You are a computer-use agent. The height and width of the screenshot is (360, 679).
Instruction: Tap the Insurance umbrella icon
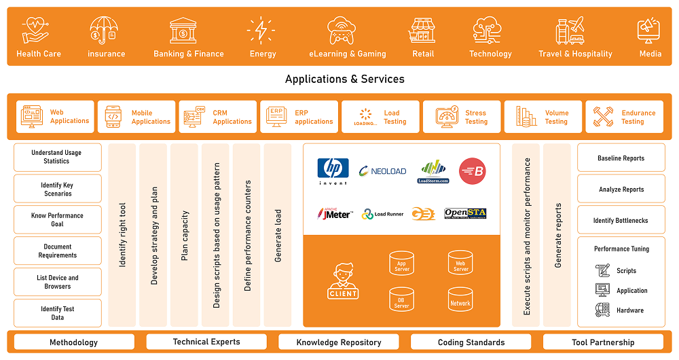pyautogui.click(x=105, y=31)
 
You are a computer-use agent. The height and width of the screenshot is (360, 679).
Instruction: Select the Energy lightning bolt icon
pyautogui.click(x=261, y=31)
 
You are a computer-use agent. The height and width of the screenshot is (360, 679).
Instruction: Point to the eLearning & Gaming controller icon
pyautogui.click(x=346, y=31)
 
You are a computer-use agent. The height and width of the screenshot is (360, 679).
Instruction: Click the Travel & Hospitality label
pyautogui.click(x=575, y=54)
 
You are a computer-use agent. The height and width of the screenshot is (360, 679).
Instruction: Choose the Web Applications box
pyautogui.click(x=55, y=117)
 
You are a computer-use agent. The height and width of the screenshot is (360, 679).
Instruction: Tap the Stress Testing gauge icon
pyautogui.click(x=447, y=117)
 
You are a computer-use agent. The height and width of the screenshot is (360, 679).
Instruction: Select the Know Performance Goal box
pyautogui.click(x=58, y=219)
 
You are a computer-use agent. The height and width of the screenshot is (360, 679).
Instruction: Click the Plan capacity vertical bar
pyautogui.click(x=185, y=236)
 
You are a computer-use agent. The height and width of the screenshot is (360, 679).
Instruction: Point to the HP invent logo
pyautogui.click(x=333, y=170)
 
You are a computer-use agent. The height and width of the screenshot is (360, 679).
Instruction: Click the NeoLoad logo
pyautogui.click(x=382, y=171)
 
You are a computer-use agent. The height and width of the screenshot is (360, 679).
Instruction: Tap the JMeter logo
pyautogui.click(x=335, y=214)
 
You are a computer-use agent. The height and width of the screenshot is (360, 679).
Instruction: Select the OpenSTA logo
pyautogui.click(x=465, y=213)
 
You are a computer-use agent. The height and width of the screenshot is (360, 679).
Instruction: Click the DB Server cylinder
pyautogui.click(x=401, y=299)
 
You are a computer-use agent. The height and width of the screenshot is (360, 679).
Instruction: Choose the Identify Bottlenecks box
pyautogui.click(x=621, y=220)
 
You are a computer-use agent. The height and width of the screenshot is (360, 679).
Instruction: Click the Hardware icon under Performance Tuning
pyautogui.click(x=602, y=310)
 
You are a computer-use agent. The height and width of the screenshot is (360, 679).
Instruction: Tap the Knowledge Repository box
pyautogui.click(x=338, y=342)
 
